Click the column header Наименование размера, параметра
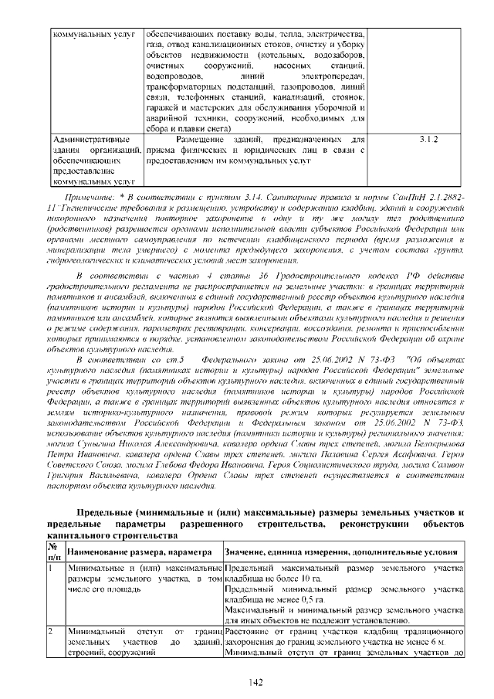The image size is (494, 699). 139,552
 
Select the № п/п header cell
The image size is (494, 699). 56,552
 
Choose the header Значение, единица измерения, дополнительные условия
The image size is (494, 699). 341,552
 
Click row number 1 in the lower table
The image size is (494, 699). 51,568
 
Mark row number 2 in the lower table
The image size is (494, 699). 51,632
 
